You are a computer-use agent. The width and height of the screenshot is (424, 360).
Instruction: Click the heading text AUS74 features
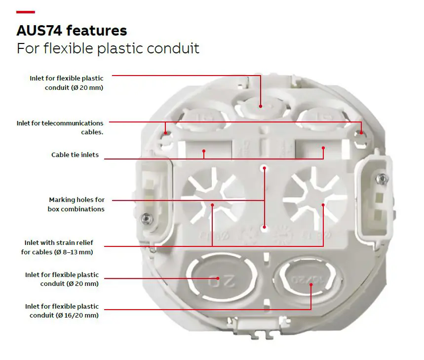(72, 30)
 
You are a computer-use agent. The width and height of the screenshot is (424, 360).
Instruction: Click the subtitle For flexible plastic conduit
(108, 49)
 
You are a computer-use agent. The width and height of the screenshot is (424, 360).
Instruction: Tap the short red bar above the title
(25, 12)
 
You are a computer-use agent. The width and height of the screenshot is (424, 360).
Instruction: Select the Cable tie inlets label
(75, 155)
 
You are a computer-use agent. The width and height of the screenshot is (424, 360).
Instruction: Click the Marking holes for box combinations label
(76, 204)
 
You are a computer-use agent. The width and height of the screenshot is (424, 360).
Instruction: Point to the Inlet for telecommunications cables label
(60, 127)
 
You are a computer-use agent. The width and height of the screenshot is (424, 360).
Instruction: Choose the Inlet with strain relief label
(59, 242)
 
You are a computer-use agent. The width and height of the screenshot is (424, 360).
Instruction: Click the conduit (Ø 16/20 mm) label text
(64, 316)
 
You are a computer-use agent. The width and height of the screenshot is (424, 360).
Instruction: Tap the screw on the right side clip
(382, 178)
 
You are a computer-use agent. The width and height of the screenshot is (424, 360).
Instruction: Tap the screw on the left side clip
(147, 218)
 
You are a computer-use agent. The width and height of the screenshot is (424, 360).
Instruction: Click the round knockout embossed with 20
(222, 278)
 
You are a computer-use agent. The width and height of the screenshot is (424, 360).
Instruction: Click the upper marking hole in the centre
(264, 168)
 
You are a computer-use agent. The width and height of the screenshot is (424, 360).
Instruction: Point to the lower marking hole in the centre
(264, 227)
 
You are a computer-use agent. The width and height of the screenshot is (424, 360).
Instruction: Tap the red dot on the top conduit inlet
(261, 106)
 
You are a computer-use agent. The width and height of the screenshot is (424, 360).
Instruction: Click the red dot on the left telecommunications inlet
(166, 133)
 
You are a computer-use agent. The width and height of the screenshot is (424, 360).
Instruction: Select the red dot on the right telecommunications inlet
(361, 133)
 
